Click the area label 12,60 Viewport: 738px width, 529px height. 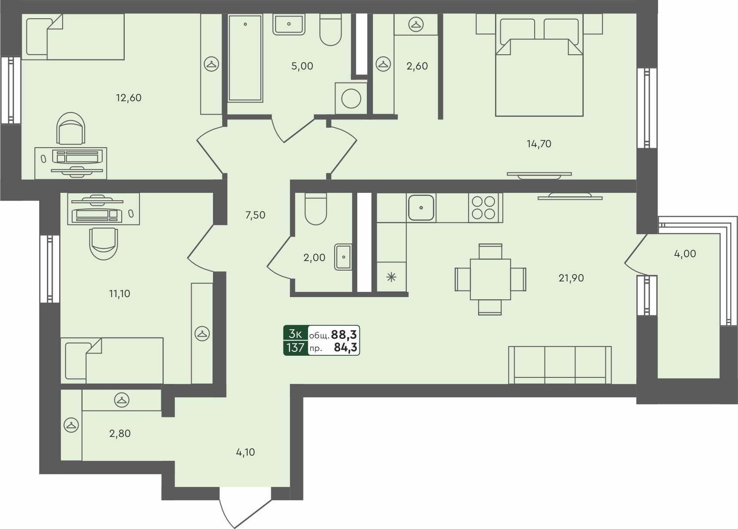[x=129, y=98]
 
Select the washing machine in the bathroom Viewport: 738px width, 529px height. [x=351, y=99]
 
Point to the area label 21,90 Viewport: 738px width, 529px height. [x=571, y=278]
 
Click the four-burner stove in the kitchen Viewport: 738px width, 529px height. [x=484, y=208]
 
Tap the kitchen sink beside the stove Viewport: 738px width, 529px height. [x=421, y=208]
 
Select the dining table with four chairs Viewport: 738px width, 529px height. [x=490, y=279]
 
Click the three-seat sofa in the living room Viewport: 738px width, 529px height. [x=560, y=365]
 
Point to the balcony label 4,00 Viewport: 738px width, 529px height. [x=685, y=254]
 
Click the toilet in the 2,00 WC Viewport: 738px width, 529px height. [x=316, y=209]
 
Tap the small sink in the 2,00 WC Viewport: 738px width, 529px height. [x=343, y=257]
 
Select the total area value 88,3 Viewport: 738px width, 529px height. [x=344, y=334]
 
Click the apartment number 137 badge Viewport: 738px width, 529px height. [x=296, y=347]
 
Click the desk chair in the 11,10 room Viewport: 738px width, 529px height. [x=103, y=243]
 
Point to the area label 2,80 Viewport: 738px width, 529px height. [x=120, y=433]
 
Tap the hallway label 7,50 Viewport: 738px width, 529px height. [x=255, y=215]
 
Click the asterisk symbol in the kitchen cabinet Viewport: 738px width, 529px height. [x=391, y=277]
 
